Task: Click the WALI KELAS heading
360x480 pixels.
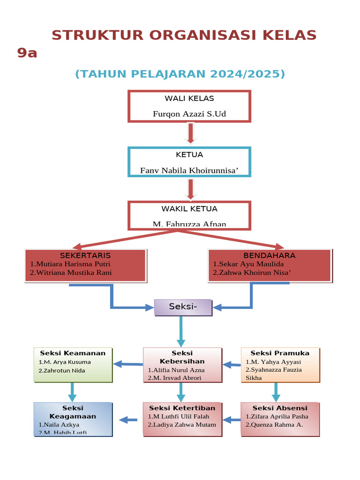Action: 189,98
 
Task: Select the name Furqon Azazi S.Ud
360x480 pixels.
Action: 189,114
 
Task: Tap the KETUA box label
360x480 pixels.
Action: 189,155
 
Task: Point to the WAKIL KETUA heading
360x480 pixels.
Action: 189,209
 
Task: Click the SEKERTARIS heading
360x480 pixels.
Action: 85,255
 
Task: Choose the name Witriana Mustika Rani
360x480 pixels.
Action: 71,272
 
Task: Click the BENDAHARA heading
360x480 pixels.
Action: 269,255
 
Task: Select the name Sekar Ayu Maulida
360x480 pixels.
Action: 248,264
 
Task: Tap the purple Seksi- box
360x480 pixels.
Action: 183,307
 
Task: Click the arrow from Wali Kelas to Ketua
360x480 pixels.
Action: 190,133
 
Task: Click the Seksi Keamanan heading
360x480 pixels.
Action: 73,353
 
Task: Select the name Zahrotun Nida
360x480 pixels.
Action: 62,370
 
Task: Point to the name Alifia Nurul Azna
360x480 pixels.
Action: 176,370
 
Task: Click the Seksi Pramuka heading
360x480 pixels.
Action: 280,353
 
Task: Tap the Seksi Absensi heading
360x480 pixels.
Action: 280,408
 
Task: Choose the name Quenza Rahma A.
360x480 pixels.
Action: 274,425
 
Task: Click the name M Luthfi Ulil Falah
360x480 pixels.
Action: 178,416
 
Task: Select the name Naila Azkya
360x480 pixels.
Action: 59,425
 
